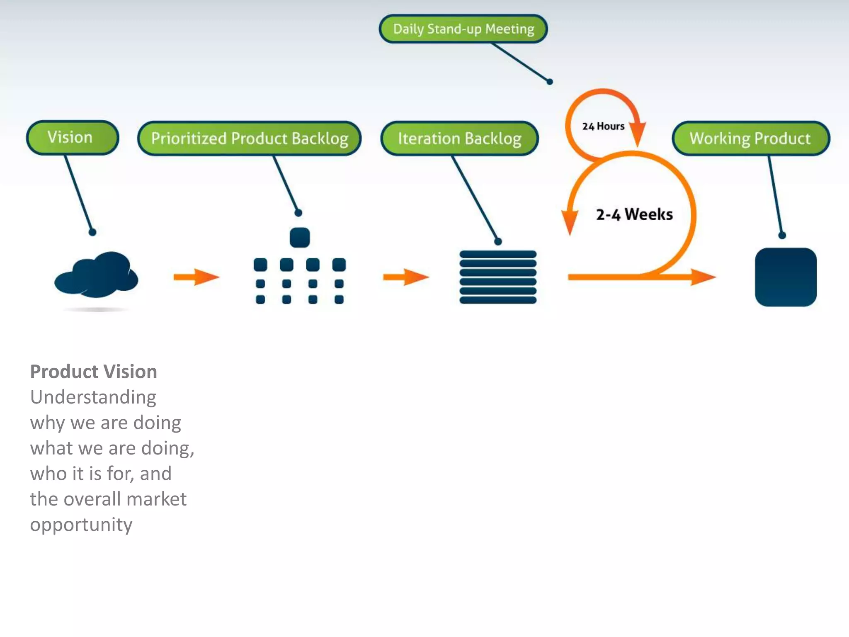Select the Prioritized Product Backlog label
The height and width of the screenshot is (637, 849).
(249, 139)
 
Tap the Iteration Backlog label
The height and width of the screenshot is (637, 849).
(459, 139)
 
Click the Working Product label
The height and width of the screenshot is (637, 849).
(750, 139)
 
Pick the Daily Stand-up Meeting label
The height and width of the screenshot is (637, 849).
(463, 29)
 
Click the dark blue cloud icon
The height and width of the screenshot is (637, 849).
(97, 275)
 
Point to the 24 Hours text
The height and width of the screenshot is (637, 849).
(603, 126)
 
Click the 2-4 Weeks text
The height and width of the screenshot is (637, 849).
(634, 214)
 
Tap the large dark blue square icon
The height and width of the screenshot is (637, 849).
(786, 277)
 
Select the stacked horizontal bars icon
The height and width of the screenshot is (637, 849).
(498, 277)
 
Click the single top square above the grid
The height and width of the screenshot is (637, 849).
(300, 238)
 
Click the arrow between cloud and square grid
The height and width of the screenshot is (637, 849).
(196, 277)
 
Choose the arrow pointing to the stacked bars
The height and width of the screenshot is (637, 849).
(406, 277)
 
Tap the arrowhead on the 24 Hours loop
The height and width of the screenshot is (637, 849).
(638, 134)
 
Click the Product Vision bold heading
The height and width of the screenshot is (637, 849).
(93, 372)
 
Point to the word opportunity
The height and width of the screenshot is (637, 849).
(81, 525)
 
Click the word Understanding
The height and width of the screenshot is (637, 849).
(93, 397)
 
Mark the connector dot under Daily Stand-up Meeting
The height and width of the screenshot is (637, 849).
(550, 82)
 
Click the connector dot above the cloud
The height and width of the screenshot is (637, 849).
(92, 232)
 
